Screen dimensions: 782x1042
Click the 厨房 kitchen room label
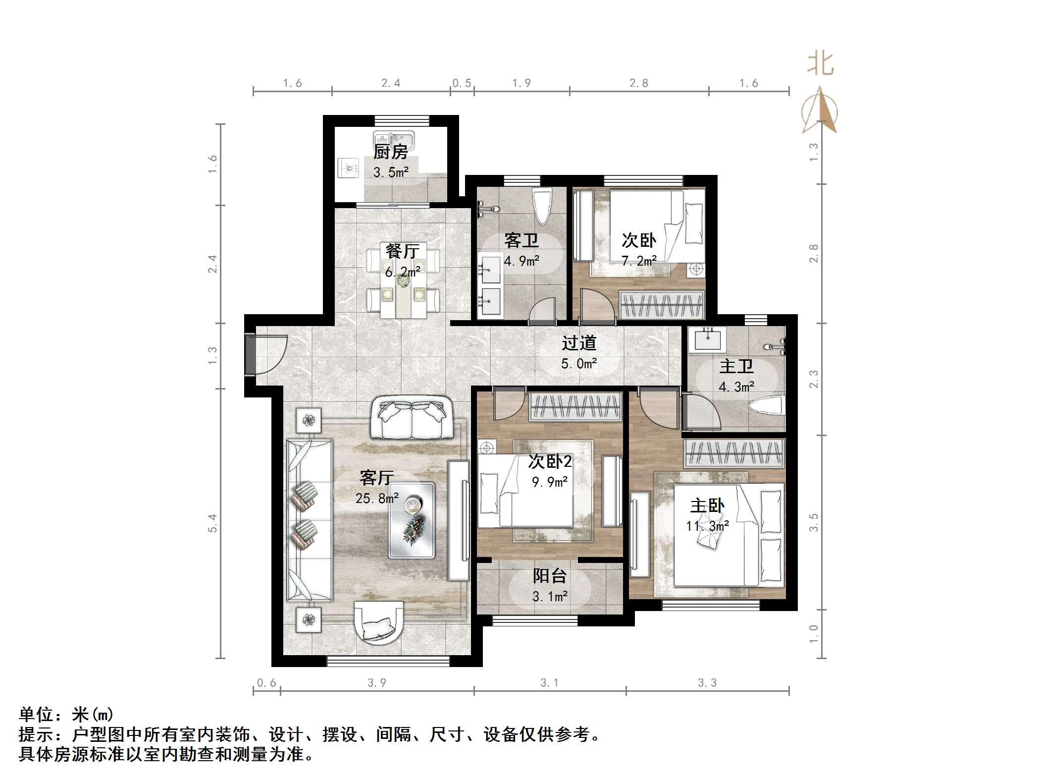(x=390, y=152)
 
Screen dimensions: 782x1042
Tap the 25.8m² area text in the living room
(x=376, y=498)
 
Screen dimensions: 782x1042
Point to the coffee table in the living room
(x=412, y=520)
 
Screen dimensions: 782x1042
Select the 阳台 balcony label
(x=550, y=575)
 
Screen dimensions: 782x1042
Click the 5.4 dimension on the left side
(x=212, y=523)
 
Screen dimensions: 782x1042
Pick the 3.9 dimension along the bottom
(x=376, y=683)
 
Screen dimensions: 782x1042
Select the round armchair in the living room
(x=379, y=622)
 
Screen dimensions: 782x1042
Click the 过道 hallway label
(x=578, y=342)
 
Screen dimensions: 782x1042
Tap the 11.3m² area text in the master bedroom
(x=707, y=526)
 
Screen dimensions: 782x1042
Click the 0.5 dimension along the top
(x=462, y=83)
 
